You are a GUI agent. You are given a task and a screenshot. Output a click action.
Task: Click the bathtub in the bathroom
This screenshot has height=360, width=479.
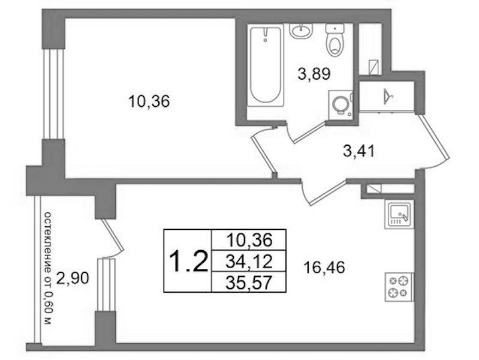click(x=264, y=66)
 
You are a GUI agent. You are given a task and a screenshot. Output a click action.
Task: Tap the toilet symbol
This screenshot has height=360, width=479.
click(x=335, y=40)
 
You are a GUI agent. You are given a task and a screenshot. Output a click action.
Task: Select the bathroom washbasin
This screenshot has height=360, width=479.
click(x=301, y=31)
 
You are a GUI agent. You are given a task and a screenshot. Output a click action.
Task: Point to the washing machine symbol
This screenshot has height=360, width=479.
click(x=341, y=104)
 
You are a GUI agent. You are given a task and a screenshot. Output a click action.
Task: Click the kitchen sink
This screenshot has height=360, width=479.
click(x=399, y=214)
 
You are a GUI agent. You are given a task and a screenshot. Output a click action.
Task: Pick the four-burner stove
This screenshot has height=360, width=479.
click(x=399, y=287)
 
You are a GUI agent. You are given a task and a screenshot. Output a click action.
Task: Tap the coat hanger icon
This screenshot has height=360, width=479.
click(x=388, y=96)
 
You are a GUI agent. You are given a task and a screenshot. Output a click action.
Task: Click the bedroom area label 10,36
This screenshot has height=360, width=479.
click(x=149, y=101)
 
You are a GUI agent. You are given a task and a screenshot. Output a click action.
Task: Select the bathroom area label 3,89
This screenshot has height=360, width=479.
click(x=314, y=74)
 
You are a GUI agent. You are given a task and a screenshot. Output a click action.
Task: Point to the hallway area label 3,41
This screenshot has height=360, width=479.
click(x=359, y=151)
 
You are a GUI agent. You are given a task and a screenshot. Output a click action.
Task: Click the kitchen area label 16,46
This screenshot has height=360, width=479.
click(x=324, y=268)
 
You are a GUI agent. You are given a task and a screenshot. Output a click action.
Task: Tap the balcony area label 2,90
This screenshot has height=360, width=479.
click(x=73, y=278)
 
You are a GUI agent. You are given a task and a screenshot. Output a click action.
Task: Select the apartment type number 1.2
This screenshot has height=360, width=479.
click(x=188, y=262)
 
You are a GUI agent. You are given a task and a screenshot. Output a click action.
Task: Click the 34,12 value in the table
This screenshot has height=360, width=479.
click(x=249, y=262)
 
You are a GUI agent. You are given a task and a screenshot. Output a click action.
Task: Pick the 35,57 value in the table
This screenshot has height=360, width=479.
click(x=249, y=283)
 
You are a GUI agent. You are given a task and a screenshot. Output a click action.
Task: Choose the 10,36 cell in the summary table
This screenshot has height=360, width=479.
click(x=249, y=240)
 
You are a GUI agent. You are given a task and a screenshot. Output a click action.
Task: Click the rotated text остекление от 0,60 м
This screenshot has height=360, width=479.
click(x=49, y=268)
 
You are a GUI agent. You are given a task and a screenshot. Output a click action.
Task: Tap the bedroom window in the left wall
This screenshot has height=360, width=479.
click(x=53, y=94)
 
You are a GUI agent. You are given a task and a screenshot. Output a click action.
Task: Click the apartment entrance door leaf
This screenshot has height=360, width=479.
click(x=434, y=140)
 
